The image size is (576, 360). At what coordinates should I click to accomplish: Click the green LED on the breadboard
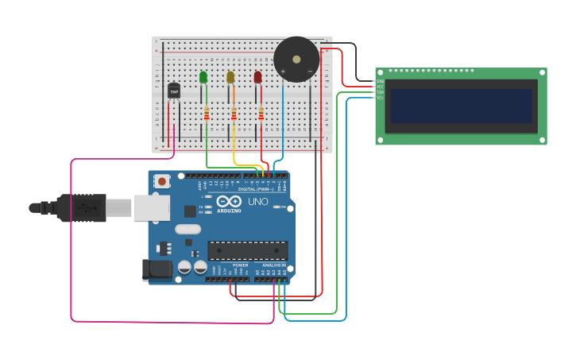[x=203, y=77]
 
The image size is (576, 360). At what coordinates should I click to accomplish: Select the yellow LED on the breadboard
[x=230, y=77]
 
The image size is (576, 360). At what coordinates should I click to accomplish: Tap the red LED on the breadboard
[x=257, y=77]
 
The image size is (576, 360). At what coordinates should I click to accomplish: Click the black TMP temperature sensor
[x=173, y=91]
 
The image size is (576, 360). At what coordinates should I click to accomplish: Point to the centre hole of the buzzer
[x=296, y=59]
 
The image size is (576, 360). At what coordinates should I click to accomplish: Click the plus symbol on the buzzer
[x=283, y=72]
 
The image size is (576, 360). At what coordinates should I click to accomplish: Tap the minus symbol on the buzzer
[x=310, y=72]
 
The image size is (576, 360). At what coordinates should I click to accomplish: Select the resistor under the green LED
[x=207, y=114]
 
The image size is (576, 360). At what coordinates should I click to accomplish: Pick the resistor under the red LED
[x=261, y=114]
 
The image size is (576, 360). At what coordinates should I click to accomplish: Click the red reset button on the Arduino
[x=162, y=181]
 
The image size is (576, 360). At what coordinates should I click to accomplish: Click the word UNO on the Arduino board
[x=258, y=202]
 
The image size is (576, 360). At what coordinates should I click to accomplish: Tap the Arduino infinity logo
[x=229, y=202]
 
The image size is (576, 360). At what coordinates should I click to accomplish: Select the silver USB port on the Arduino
[x=151, y=207]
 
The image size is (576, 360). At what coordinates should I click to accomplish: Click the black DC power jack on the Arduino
[x=157, y=269]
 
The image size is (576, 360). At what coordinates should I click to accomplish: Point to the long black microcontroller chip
[x=248, y=250]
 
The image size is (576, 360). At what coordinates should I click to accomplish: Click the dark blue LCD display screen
[x=461, y=106]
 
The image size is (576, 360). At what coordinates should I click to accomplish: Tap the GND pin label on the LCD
[x=380, y=81]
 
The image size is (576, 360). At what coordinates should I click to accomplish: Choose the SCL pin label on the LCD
[x=380, y=98]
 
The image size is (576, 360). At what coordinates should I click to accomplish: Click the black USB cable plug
[x=81, y=208]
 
